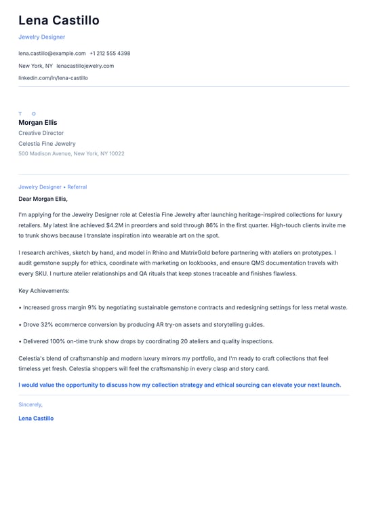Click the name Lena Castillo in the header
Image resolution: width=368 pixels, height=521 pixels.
tap(59, 20)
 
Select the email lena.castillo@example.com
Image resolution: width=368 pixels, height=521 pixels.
tap(52, 53)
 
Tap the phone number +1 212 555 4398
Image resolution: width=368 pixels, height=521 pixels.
tap(110, 53)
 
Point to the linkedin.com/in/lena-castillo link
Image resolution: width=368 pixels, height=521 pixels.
tap(53, 78)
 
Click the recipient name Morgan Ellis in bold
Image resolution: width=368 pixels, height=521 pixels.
tap(38, 123)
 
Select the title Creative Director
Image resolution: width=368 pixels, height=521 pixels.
tap(41, 133)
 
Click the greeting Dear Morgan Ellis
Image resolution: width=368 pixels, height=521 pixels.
tap(43, 199)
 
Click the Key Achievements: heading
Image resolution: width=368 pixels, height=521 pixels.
tap(44, 290)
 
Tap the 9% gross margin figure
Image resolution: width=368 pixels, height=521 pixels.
tap(93, 307)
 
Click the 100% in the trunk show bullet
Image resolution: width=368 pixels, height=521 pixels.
tap(59, 341)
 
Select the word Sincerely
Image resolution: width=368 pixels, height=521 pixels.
tap(30, 404)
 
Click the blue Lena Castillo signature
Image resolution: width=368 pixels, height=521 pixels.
tap(36, 418)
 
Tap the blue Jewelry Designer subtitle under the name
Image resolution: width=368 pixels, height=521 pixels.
tap(42, 37)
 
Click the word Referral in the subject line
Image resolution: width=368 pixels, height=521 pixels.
tap(77, 187)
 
